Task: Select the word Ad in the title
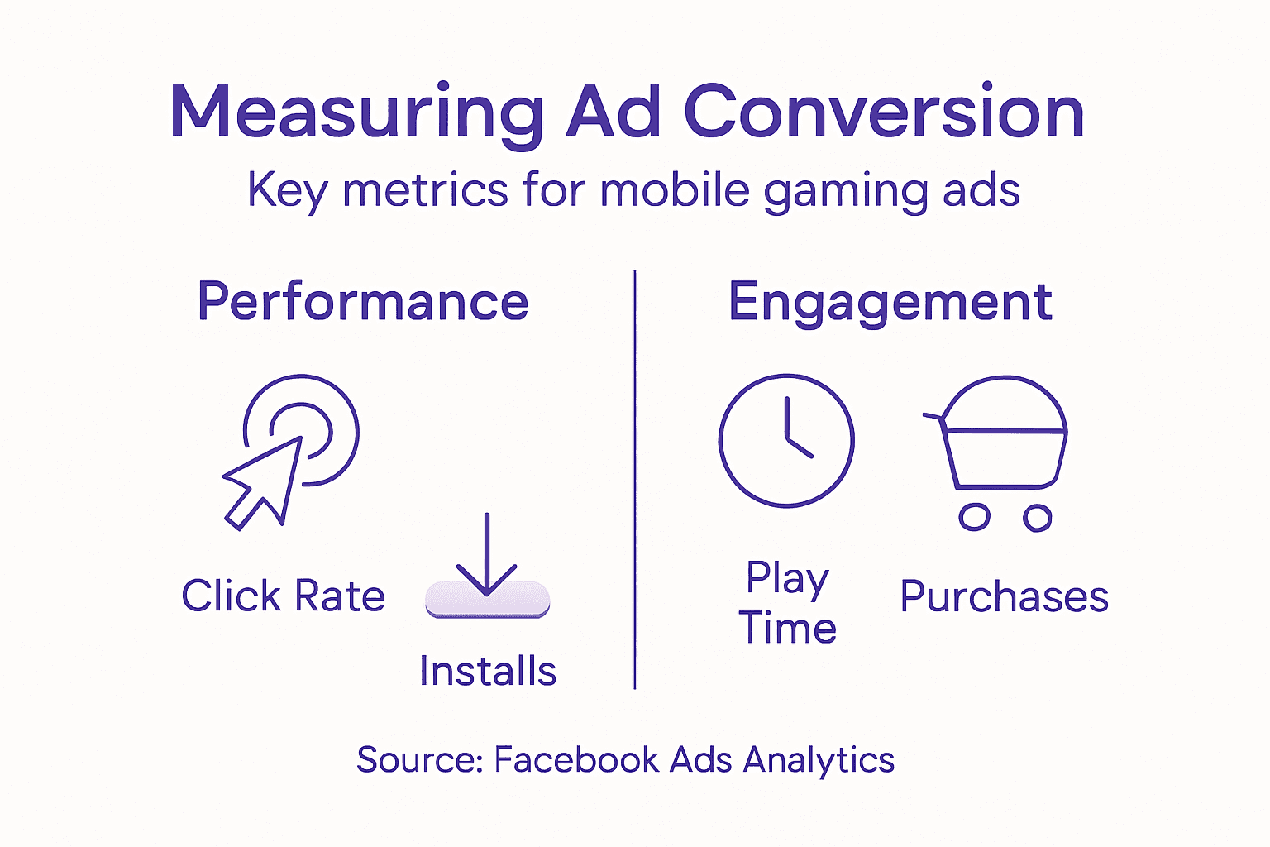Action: click(614, 112)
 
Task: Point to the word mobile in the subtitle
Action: click(674, 190)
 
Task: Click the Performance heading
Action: click(362, 302)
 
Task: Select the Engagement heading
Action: click(890, 303)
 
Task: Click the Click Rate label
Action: click(283, 596)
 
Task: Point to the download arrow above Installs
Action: click(487, 554)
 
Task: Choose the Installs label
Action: click(487, 671)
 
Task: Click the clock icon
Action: click(785, 440)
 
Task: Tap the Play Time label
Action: click(787, 603)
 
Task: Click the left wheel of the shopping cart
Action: click(974, 518)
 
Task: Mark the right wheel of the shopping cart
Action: click(1037, 518)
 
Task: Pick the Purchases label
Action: click(1004, 596)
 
